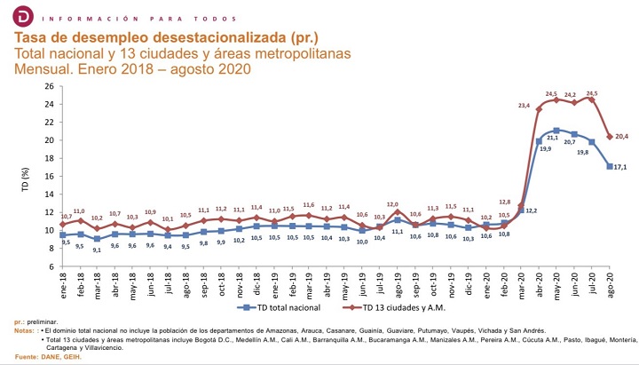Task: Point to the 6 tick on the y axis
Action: [51, 266]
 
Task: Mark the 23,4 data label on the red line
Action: [524, 107]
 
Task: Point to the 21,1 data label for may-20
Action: [553, 138]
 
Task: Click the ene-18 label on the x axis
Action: [63, 283]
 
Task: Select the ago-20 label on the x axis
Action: [610, 283]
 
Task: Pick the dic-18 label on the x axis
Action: [256, 283]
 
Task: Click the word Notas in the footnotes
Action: [24, 330]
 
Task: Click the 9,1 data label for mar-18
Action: [98, 249]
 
